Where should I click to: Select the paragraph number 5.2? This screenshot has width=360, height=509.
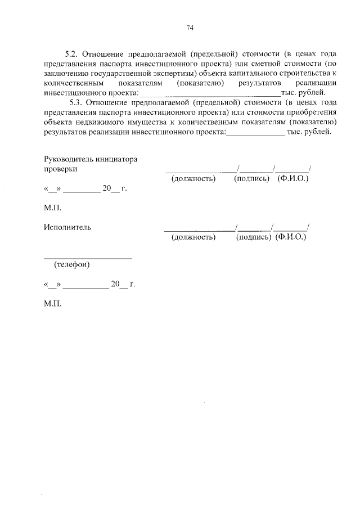point(71,54)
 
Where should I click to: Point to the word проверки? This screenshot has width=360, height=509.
point(60,169)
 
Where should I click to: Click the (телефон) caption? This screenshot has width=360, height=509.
point(71,264)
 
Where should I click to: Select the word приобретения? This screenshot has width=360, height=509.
point(311,112)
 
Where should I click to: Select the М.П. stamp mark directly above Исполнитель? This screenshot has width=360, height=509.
point(52,208)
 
